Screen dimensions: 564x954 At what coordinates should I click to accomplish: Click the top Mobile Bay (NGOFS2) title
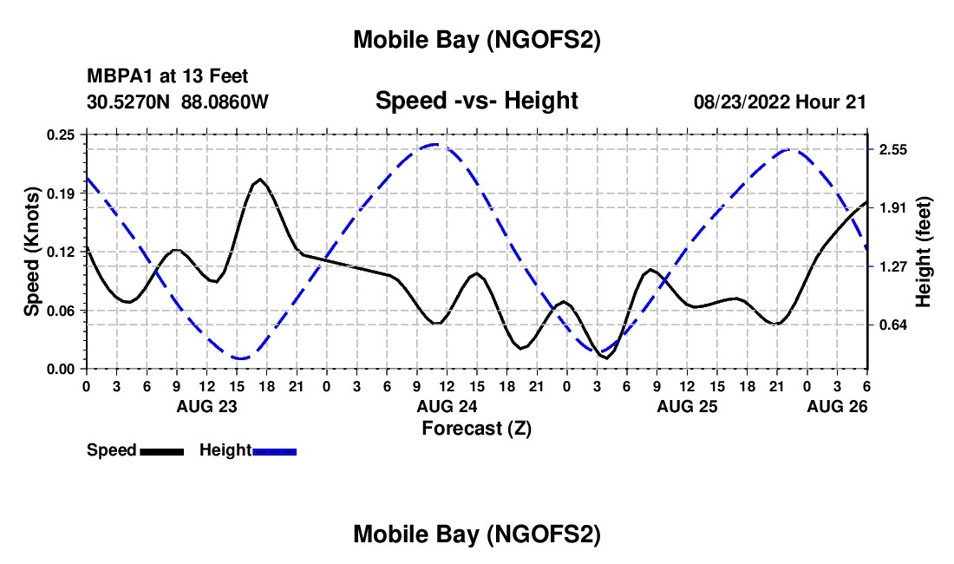click(x=476, y=40)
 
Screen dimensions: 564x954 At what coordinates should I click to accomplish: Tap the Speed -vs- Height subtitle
click(x=476, y=101)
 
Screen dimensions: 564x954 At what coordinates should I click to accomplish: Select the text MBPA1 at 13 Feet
click(x=167, y=77)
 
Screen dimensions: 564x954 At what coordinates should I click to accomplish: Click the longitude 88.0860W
click(x=225, y=102)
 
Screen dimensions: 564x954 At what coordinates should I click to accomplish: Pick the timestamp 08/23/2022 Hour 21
click(x=780, y=102)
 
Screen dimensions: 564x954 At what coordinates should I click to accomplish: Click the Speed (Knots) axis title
click(x=31, y=252)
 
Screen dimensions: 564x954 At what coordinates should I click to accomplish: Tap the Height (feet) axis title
click(x=923, y=252)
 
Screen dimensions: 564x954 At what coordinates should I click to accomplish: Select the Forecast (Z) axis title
click(x=476, y=428)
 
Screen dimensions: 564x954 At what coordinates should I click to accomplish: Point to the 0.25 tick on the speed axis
click(x=61, y=134)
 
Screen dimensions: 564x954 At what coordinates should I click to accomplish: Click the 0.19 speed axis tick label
click(x=61, y=193)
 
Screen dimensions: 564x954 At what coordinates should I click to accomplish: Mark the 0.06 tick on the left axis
click(x=61, y=311)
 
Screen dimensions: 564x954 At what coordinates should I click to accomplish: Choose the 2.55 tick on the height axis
click(x=893, y=150)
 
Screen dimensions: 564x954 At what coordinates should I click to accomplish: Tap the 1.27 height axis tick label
click(x=893, y=266)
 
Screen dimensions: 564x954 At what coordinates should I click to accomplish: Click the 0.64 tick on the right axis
click(x=893, y=325)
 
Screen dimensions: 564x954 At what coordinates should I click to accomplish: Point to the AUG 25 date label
click(x=686, y=406)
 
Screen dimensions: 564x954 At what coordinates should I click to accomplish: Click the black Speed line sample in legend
click(x=161, y=451)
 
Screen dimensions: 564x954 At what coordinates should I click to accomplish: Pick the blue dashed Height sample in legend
click(x=274, y=451)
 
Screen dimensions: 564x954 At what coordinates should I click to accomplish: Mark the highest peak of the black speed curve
click(x=259, y=179)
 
